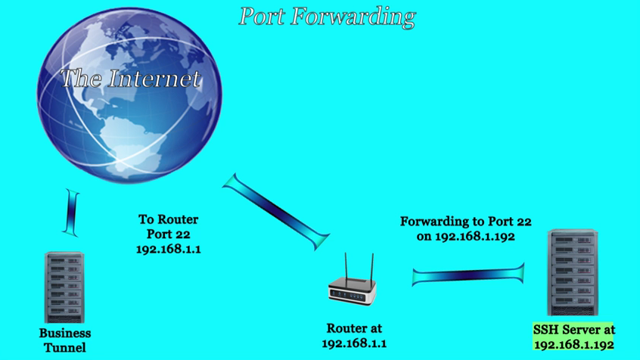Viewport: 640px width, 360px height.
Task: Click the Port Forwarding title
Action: [x=328, y=17]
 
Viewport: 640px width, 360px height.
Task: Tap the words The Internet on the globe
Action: [x=131, y=79]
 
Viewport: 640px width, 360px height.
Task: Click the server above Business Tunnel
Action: [x=64, y=287]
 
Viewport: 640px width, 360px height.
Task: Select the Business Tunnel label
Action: [x=65, y=340]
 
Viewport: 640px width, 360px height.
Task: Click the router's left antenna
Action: [x=346, y=266]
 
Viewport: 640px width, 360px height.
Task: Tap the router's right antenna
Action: [x=372, y=267]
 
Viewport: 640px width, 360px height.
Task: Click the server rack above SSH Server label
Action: [x=572, y=272]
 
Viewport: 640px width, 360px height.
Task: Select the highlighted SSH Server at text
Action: [x=574, y=330]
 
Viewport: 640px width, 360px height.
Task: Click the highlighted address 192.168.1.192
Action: [x=574, y=344]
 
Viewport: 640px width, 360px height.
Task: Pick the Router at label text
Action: [x=354, y=328]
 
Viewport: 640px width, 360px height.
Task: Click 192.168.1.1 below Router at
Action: [x=354, y=343]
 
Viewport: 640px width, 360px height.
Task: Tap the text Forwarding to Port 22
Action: [x=466, y=222]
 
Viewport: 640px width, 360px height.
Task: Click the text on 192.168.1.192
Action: [x=466, y=236]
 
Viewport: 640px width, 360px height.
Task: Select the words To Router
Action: [x=168, y=219]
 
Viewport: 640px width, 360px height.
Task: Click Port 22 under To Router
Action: [x=168, y=234]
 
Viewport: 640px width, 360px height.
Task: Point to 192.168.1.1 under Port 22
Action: [x=168, y=250]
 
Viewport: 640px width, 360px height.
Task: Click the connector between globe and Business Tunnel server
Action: [x=71, y=213]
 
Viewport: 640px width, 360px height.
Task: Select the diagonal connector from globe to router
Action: [x=276, y=212]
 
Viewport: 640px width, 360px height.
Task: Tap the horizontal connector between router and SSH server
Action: [x=468, y=275]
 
